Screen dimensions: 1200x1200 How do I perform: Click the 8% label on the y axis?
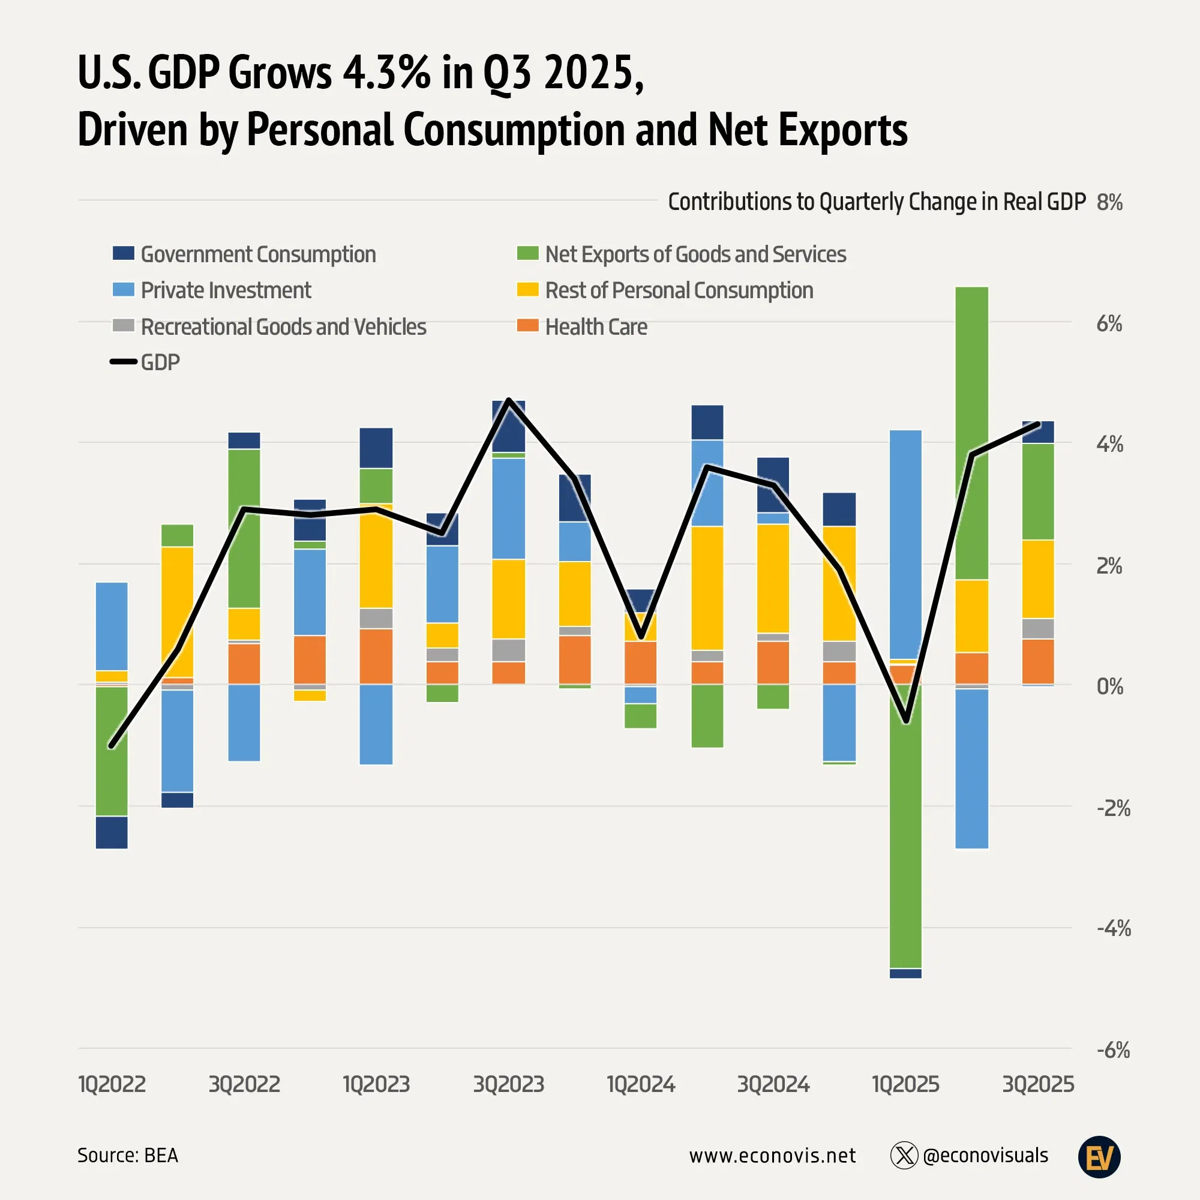click(1109, 202)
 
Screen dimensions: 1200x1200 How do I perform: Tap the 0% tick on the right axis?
click(1109, 686)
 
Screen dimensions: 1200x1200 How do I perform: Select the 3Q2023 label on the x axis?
click(508, 1084)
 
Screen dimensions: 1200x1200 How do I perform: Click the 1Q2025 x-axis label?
click(905, 1084)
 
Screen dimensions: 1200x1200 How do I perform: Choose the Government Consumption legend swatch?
click(123, 253)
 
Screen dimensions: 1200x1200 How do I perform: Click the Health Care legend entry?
click(596, 327)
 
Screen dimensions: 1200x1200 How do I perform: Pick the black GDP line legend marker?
click(123, 361)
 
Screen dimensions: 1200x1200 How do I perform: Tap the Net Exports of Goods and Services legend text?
click(695, 254)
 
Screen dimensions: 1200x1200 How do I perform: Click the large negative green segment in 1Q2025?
click(905, 826)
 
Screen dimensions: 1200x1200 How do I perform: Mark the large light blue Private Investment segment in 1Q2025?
click(905, 544)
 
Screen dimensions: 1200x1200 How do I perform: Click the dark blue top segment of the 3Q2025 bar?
click(1038, 432)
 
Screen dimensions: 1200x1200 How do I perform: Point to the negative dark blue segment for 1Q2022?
click(112, 832)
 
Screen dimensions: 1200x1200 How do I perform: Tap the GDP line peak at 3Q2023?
click(509, 401)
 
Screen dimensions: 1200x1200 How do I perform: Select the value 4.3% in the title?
click(386, 73)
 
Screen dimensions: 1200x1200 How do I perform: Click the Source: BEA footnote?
click(127, 1155)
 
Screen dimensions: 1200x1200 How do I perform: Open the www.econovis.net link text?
click(772, 1155)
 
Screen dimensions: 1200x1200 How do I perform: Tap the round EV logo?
click(1099, 1157)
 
